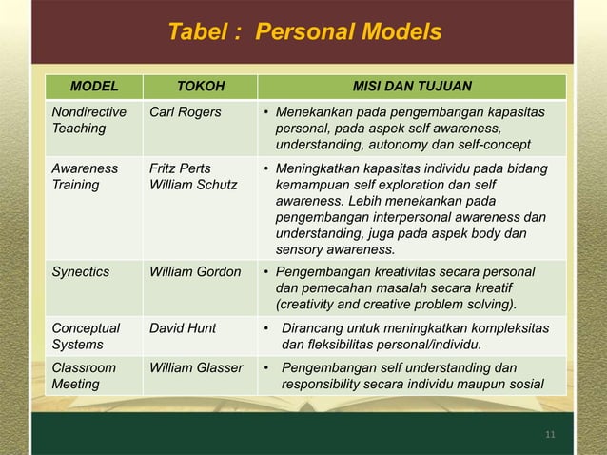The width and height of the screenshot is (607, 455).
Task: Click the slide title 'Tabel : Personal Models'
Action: coord(303,32)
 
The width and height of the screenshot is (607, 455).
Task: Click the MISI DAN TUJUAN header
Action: coord(412,89)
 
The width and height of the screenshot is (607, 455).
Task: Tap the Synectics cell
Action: coord(81,272)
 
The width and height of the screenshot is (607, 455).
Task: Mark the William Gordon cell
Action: coord(196,272)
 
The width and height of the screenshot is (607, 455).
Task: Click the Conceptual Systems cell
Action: coord(85,337)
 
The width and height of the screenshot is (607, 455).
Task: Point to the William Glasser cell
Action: coord(196,367)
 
